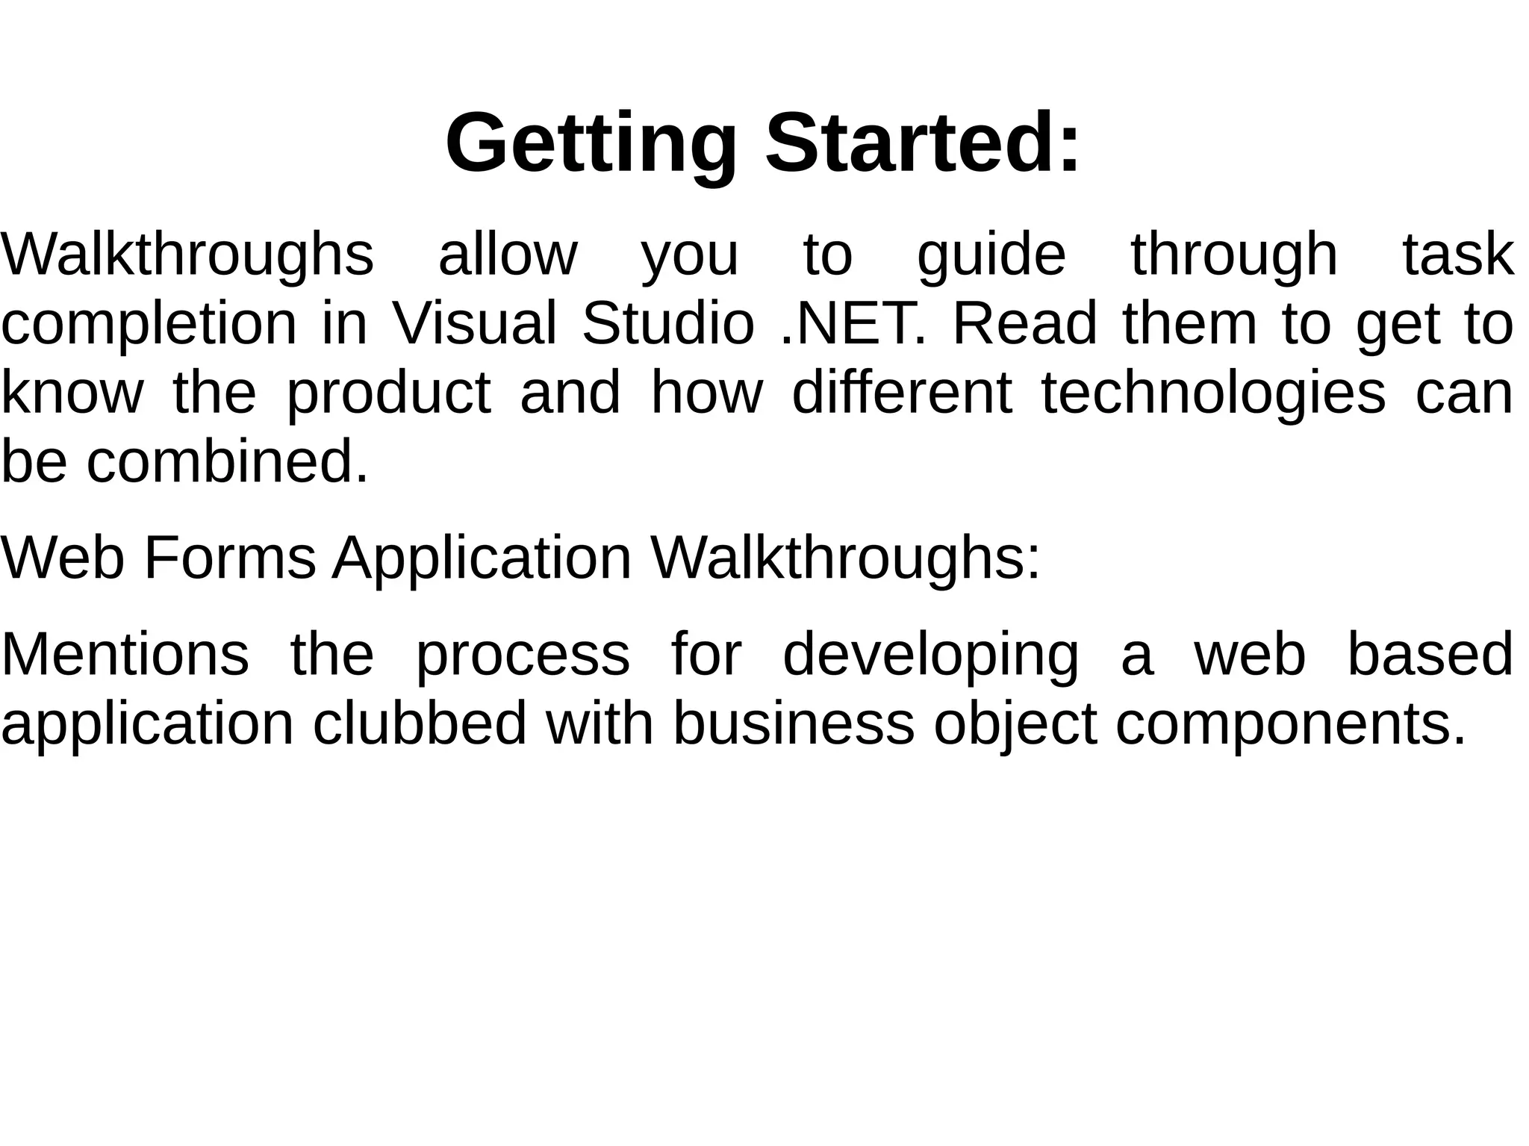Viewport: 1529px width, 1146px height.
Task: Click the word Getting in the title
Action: (591, 143)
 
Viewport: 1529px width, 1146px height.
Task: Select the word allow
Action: (508, 255)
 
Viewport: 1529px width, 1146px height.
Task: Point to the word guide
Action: (991, 255)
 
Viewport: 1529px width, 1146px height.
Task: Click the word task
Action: (1457, 255)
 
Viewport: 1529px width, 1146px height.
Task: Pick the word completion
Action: (149, 324)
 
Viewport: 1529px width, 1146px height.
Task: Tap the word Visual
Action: (474, 324)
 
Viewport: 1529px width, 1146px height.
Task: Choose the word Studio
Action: (667, 324)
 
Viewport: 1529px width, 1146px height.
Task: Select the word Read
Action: (1025, 324)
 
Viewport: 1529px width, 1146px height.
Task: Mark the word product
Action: (389, 393)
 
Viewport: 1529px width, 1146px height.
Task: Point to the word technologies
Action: (1213, 393)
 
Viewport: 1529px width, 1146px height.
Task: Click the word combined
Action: (228, 462)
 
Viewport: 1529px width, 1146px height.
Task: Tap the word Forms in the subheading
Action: (230, 558)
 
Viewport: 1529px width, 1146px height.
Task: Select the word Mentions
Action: (125, 654)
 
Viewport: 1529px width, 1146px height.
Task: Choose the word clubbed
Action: (420, 723)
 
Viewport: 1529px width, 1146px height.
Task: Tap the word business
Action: (794, 723)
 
